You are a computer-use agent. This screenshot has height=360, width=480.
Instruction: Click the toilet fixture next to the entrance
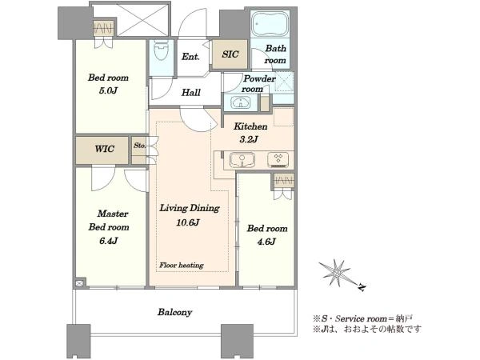click(161, 50)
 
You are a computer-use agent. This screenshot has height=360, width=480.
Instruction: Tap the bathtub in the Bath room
click(270, 24)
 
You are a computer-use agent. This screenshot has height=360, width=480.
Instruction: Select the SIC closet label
click(230, 54)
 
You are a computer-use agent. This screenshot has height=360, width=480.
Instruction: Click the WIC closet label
click(104, 149)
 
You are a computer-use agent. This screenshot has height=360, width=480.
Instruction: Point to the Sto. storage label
click(139, 146)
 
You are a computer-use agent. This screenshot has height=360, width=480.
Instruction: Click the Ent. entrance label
click(190, 57)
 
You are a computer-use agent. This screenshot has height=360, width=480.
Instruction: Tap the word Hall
click(191, 93)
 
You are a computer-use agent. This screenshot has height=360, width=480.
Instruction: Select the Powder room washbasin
click(240, 102)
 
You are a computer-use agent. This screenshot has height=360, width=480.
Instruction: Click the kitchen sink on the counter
click(242, 160)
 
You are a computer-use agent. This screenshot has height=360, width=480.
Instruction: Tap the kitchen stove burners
click(278, 160)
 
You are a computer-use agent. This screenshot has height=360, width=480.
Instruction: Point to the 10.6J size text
click(188, 222)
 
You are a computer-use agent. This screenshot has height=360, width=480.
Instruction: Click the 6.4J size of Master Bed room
click(109, 241)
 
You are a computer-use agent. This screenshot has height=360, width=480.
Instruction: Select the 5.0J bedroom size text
click(108, 91)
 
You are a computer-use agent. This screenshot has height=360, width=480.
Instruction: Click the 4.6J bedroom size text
click(266, 242)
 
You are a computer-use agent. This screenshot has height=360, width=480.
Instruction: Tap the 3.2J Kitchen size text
click(249, 139)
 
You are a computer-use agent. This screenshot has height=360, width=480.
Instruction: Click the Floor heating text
click(182, 265)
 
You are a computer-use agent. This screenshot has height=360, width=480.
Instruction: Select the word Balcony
click(174, 312)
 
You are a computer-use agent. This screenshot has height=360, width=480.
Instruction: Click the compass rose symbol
click(335, 273)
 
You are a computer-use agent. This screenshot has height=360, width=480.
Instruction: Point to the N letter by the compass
click(362, 287)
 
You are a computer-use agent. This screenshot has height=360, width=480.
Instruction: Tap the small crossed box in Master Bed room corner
click(79, 283)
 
